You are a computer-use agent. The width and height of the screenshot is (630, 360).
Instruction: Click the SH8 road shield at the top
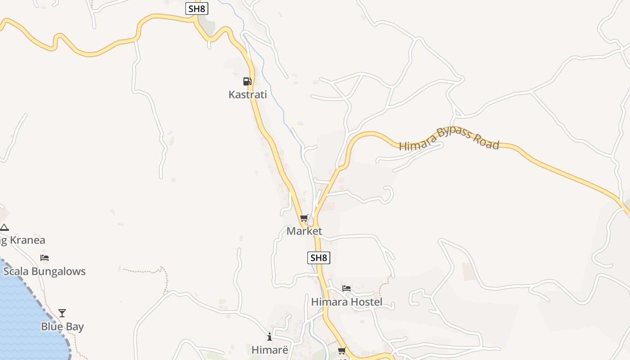point(197,9)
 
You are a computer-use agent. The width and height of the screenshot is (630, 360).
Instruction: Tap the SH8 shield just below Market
point(319,258)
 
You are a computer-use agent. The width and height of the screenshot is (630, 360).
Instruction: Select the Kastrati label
point(247,94)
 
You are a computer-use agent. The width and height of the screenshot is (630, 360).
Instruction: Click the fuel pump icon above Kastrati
point(247,81)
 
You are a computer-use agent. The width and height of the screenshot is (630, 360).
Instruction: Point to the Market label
point(304,231)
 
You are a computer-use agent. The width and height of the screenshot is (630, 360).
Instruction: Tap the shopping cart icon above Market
point(304,219)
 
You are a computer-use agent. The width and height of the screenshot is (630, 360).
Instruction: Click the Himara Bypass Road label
point(449,139)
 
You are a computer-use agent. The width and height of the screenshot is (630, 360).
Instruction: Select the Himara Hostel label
point(346,302)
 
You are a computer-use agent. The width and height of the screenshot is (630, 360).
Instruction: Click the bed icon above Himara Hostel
point(346,288)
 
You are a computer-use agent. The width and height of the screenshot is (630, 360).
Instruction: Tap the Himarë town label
point(269,350)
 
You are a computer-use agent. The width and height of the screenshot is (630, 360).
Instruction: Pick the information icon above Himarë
point(269,337)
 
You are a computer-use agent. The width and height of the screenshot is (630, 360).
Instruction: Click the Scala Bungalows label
point(44,271)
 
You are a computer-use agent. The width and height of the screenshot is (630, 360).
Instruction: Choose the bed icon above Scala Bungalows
point(44,258)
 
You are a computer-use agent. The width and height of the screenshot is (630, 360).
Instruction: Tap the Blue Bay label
point(62,327)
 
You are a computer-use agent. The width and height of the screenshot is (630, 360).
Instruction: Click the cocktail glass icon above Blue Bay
point(62,313)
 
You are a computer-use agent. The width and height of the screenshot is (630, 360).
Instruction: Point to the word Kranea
point(27,240)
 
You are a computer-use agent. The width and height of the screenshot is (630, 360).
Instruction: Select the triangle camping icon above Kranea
point(4,227)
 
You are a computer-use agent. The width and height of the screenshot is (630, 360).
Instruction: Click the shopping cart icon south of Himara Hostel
point(342,351)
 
